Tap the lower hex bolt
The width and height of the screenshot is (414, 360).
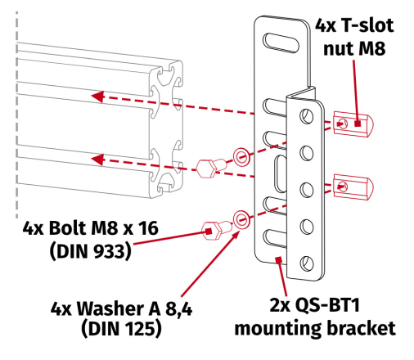[x=211, y=228]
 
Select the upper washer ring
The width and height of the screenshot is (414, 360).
[x=241, y=155]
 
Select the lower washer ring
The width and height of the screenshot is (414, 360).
[x=241, y=218]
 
